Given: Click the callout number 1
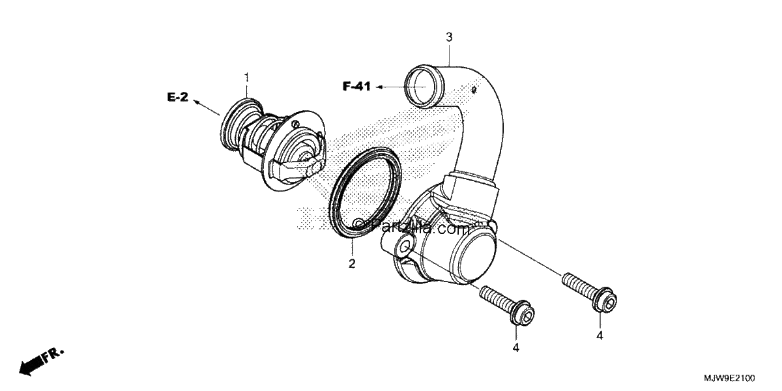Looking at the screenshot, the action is tap(247, 78).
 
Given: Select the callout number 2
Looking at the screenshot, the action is tap(352, 263).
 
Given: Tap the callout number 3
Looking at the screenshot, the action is tap(449, 37).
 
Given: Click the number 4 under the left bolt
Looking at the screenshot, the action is tap(516, 348).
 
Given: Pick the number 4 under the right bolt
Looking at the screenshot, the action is tap(600, 336).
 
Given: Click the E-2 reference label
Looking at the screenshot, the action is tap(178, 97).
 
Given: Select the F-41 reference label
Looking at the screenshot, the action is tap(356, 86).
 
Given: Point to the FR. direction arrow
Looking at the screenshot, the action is tap(41, 362).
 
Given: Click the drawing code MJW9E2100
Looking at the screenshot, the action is tap(729, 379).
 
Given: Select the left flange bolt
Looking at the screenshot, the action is tap(507, 306).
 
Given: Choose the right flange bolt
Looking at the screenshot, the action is tap(589, 293).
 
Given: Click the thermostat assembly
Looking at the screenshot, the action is tap(273, 144).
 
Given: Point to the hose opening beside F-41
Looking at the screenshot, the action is tap(424, 86).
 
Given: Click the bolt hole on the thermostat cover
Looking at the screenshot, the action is tap(404, 247).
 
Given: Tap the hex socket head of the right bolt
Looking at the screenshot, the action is tap(605, 300).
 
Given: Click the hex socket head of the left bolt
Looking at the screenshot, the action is tap(523, 313).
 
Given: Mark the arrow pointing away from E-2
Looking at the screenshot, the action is tap(207, 108).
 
